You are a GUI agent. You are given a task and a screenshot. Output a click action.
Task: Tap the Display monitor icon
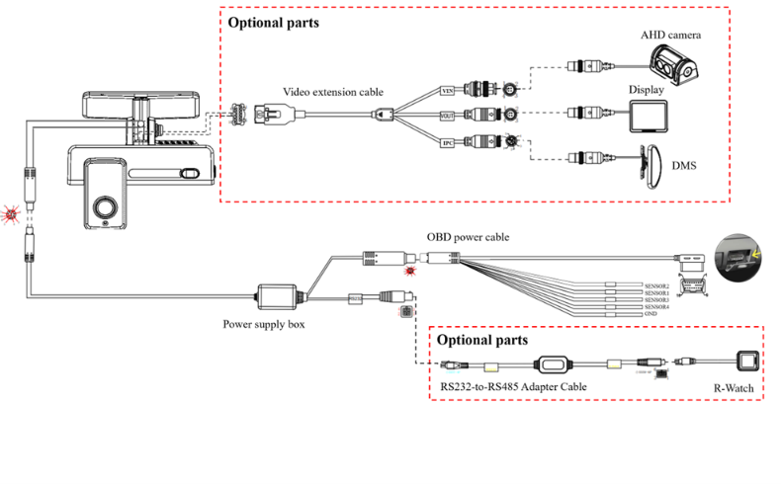pos(650,118)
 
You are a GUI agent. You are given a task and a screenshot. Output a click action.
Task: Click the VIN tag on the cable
pos(448,89)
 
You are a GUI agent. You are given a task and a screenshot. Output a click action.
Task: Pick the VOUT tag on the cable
pos(447,116)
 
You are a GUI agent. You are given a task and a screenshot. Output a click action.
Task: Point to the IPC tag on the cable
pos(448,142)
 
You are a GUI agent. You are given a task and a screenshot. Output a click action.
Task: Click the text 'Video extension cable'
pos(333,92)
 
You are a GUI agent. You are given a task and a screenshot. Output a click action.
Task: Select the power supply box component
pos(281,295)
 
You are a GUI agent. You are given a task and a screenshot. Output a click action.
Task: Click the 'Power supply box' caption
pos(264,323)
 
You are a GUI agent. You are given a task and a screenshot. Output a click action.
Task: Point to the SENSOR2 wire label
pos(656,285)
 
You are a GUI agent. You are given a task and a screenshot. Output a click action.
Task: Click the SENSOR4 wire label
pos(656,307)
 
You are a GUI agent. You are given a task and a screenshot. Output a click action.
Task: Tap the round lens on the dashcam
pos(104,206)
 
